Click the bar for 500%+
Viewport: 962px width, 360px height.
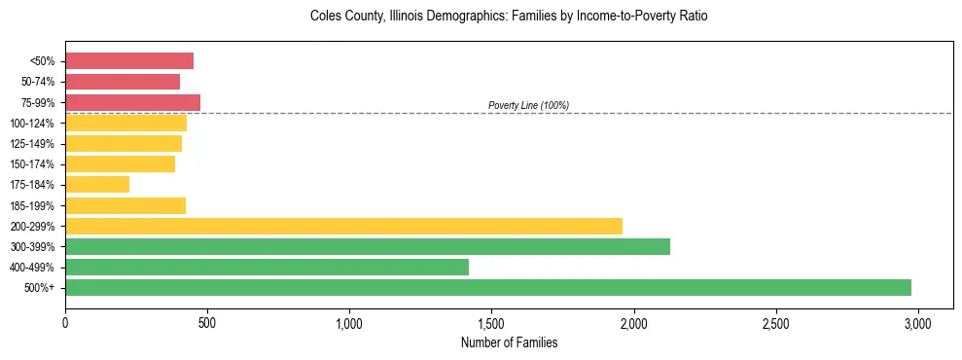coord(488,287)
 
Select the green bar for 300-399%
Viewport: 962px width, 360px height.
coord(368,246)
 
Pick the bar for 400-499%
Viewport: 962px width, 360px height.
coord(267,267)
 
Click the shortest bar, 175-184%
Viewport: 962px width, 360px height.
coord(97,185)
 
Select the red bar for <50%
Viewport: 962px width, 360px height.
coord(129,61)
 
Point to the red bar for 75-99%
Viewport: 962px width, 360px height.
coord(132,102)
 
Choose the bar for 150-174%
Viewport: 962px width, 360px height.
coord(120,164)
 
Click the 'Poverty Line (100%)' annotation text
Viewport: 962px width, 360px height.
coord(528,105)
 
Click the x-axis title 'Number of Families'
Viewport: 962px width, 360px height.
coord(510,342)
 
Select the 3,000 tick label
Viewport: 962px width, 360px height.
coord(917,322)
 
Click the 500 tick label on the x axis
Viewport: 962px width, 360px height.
coord(207,322)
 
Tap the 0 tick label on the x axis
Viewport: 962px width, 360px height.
coord(65,322)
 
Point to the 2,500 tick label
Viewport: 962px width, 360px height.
coord(775,322)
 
